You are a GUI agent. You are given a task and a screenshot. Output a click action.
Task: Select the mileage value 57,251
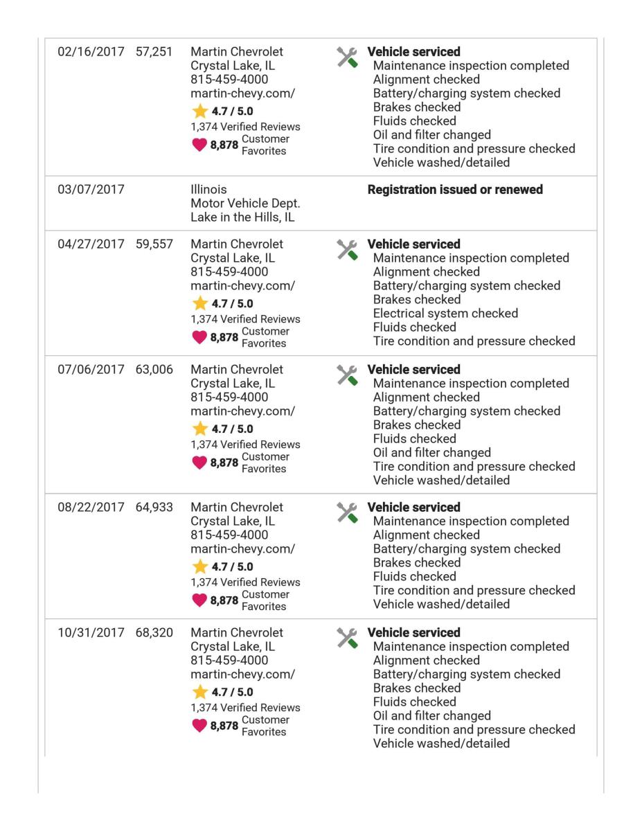tap(154, 52)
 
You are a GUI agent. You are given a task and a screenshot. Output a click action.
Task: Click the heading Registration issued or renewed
tap(455, 190)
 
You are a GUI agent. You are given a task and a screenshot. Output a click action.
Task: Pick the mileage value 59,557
tap(154, 244)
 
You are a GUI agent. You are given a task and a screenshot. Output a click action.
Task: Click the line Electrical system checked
tap(445, 314)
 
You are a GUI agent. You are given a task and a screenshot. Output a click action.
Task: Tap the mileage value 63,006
tap(154, 370)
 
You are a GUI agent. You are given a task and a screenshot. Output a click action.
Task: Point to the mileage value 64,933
tap(154, 508)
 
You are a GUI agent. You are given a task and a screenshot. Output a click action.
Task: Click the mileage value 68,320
tap(154, 633)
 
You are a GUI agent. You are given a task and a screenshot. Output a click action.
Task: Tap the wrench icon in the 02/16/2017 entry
tap(347, 57)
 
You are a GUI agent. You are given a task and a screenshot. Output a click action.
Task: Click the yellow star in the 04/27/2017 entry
tap(200, 303)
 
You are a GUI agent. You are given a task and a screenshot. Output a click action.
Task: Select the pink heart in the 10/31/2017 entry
tap(199, 726)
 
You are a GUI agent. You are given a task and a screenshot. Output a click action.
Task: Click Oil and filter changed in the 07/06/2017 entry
tap(431, 453)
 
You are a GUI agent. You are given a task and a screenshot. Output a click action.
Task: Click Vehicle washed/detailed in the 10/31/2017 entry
tap(441, 744)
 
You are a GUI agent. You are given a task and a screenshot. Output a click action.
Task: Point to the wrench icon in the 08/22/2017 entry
tap(347, 513)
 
